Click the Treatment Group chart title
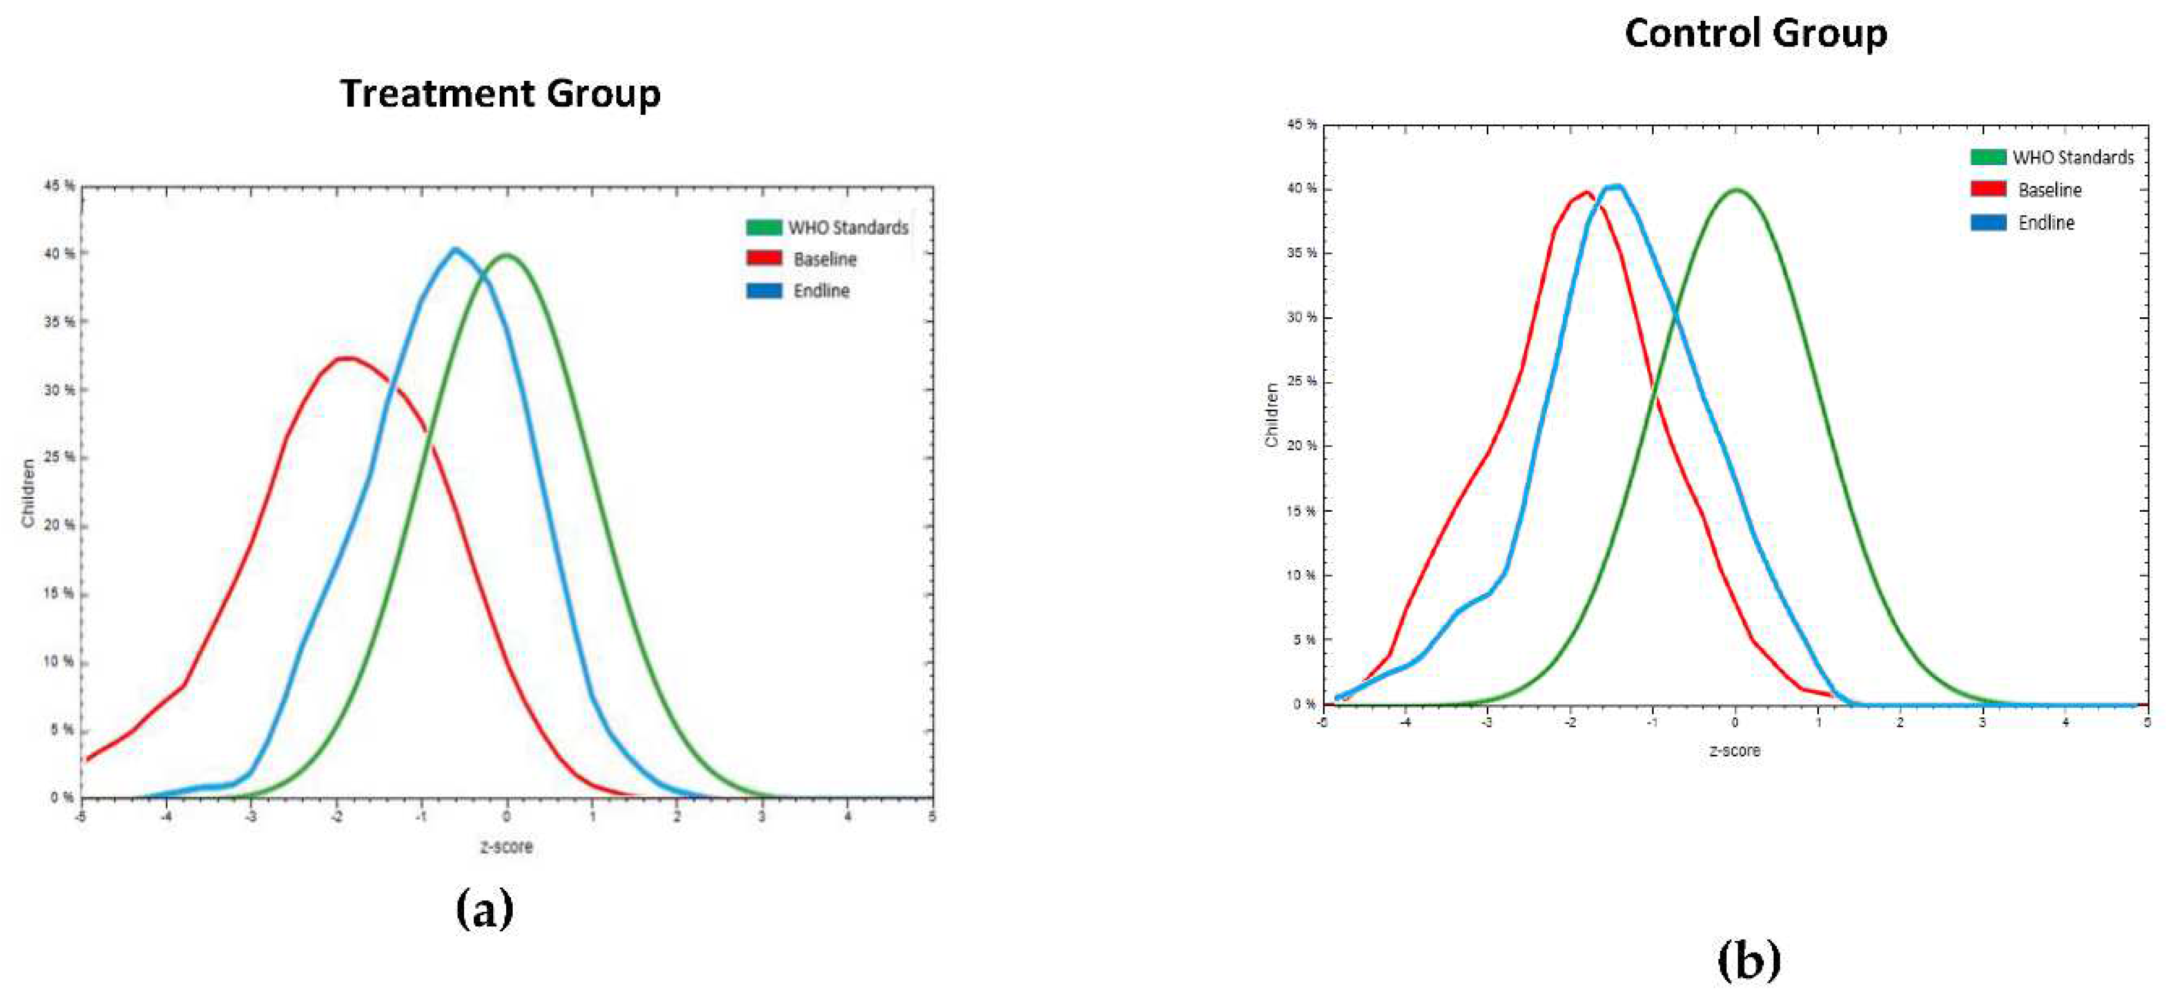[500, 93]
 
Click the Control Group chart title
[1755, 34]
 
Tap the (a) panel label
[484, 909]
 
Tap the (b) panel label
[1749, 960]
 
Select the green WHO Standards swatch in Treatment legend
[764, 227]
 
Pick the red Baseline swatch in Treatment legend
[764, 259]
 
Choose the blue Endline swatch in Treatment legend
[764, 291]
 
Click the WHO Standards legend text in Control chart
[2073, 157]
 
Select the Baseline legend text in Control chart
[2050, 190]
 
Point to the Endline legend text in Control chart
[2046, 223]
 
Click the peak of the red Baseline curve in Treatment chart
[346, 358]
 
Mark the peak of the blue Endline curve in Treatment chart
[455, 249]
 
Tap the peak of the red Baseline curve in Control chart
[1587, 193]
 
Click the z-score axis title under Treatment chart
[507, 846]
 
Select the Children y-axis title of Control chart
[1271, 415]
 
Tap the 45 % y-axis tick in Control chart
[1301, 124]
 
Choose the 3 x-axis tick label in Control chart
[1982, 723]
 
